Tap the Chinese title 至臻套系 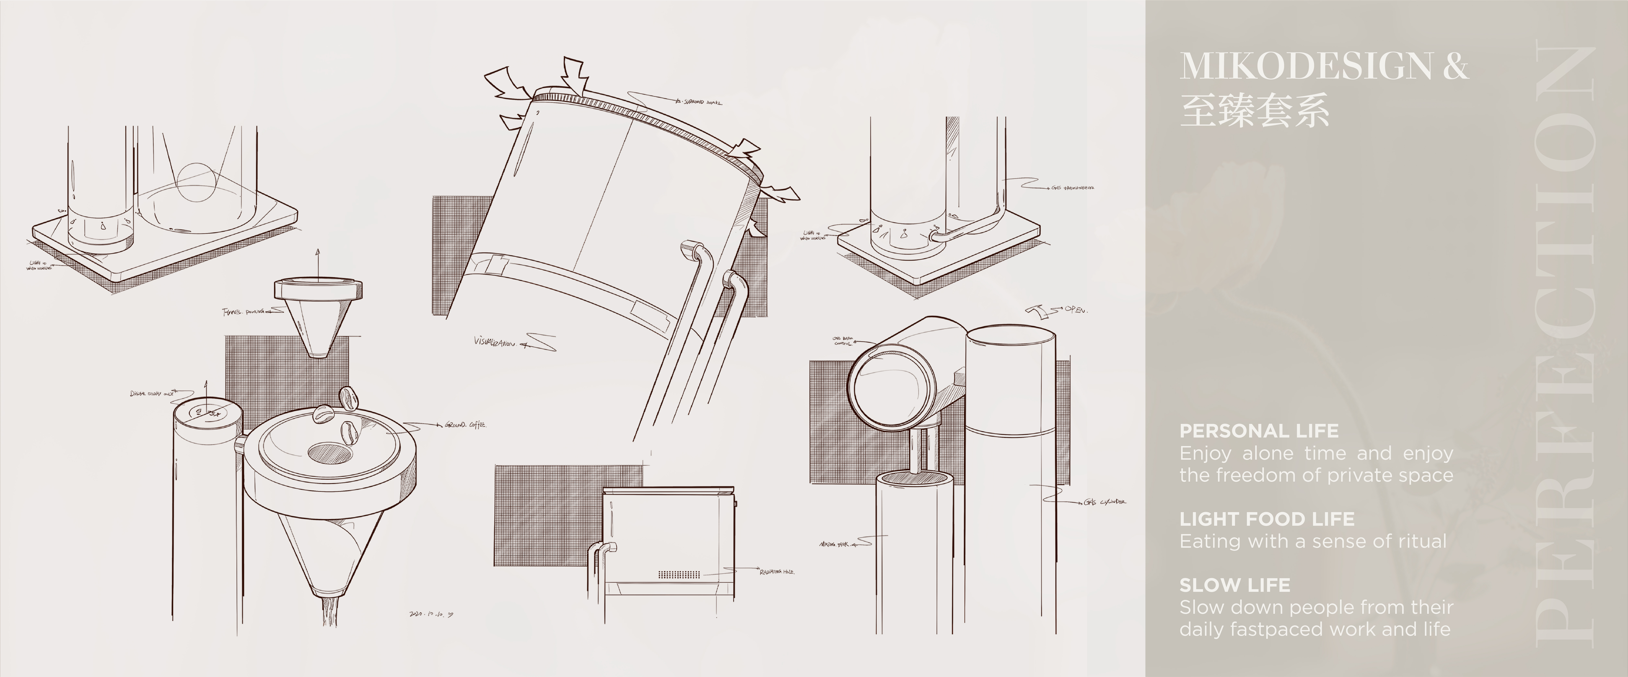click(x=1254, y=111)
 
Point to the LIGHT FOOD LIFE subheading click(x=1266, y=519)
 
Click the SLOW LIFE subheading click(x=1234, y=586)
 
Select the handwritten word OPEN click(x=1076, y=310)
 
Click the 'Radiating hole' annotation click(x=776, y=571)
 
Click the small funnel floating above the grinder click(x=318, y=316)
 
